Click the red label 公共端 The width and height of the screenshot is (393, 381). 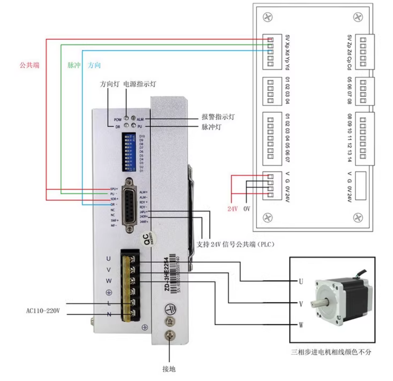tap(30, 65)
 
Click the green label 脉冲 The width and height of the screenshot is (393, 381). tap(74, 65)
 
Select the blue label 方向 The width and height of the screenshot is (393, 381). tap(94, 65)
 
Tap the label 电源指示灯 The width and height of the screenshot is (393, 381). tap(140, 84)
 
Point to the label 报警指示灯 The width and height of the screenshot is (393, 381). tap(218, 117)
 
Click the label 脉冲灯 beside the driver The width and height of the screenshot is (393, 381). tap(211, 127)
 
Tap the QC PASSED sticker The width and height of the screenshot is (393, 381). tap(148, 240)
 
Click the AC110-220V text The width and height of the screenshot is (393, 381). tap(43, 311)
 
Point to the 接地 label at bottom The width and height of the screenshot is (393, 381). tap(169, 369)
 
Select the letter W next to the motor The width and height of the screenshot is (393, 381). tap(301, 325)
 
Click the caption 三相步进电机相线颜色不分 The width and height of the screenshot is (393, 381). tap(331, 352)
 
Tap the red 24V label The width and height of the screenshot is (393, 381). tap(233, 209)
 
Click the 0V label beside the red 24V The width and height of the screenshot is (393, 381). tap(247, 209)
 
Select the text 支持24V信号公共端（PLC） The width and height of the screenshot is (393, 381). tap(235, 244)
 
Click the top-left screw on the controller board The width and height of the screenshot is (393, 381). tap(268, 17)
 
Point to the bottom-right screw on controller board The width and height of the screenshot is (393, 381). tap(358, 218)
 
